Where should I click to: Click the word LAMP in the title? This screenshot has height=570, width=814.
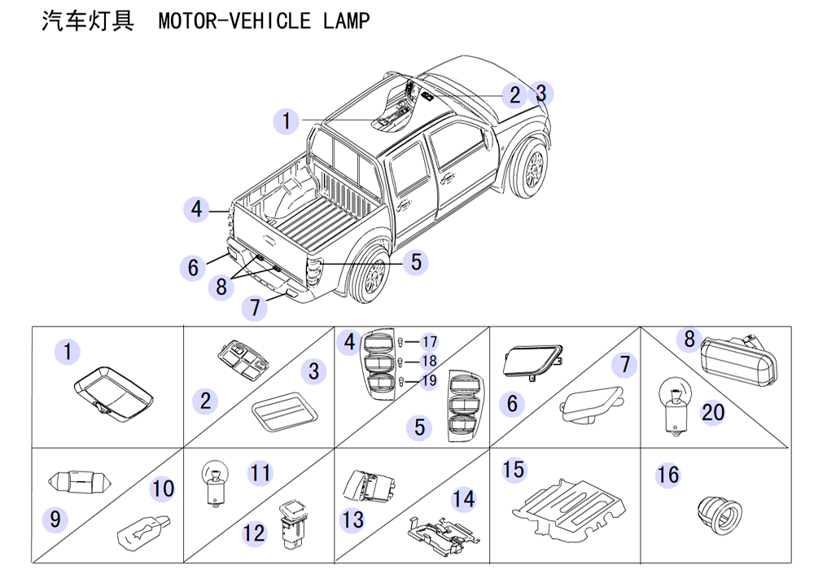[346, 21]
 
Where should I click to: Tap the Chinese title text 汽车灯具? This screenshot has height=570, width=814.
[88, 21]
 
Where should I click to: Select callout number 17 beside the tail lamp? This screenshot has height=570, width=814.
[429, 342]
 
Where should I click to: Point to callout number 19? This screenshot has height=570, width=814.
[429, 381]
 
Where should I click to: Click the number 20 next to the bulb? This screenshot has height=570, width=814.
[713, 413]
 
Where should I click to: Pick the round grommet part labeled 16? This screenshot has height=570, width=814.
[720, 515]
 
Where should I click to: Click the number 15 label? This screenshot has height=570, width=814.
[514, 469]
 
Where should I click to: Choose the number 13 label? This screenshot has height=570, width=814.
[353, 520]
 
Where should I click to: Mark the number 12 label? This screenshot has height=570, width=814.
[254, 533]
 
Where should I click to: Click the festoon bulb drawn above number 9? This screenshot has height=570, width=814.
[80, 483]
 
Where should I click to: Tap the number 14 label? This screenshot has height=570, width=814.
[464, 499]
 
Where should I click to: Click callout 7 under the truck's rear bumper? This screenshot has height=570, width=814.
[255, 307]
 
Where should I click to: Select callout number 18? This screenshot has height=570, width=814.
[429, 362]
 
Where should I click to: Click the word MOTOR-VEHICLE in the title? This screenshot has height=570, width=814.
[234, 21]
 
